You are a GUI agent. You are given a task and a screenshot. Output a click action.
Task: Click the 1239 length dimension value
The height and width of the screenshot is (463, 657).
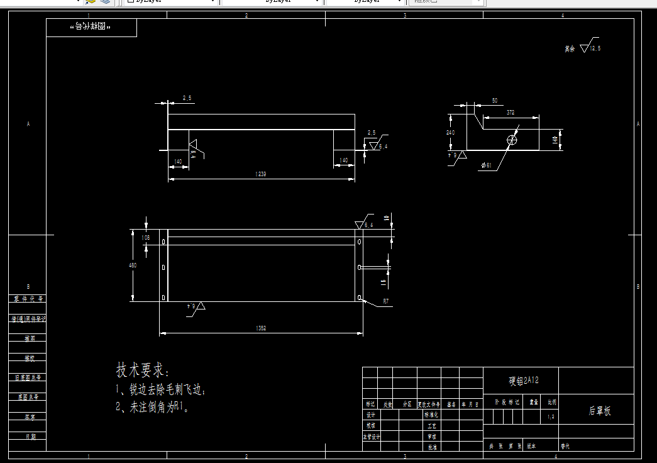click(x=260, y=174)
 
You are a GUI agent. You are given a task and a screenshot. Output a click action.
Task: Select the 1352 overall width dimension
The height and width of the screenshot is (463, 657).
click(x=260, y=328)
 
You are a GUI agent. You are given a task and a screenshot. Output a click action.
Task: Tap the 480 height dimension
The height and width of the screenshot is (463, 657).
click(x=133, y=265)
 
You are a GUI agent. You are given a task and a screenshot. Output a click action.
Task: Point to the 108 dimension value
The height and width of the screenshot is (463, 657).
click(x=146, y=238)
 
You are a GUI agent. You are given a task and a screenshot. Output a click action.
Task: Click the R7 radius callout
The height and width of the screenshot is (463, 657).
click(x=386, y=302)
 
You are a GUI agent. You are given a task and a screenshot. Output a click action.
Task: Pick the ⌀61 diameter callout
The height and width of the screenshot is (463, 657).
click(x=486, y=165)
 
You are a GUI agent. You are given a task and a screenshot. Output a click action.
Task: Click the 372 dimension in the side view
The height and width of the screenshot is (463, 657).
click(x=510, y=113)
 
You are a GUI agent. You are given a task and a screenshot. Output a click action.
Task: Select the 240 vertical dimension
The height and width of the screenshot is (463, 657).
click(x=451, y=133)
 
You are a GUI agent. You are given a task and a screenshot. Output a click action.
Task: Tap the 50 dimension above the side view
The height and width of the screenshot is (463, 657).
click(x=494, y=101)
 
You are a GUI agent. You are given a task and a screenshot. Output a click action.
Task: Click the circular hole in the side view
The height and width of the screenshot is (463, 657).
click(x=512, y=140)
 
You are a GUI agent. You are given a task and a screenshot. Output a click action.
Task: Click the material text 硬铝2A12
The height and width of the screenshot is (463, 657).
click(x=524, y=381)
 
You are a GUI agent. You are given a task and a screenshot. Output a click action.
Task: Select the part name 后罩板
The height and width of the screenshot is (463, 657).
click(x=599, y=411)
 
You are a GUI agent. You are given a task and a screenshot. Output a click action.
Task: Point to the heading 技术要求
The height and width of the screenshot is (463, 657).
click(x=143, y=370)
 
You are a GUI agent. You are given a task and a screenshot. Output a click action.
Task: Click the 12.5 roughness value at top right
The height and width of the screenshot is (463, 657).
click(x=594, y=48)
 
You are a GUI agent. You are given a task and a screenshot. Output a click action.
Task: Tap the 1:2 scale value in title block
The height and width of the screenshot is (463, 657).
click(x=551, y=416)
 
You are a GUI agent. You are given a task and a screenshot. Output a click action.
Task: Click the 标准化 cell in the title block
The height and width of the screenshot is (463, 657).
click(x=431, y=415)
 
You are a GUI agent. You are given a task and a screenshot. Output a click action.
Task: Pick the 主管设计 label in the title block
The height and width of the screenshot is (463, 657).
click(x=372, y=437)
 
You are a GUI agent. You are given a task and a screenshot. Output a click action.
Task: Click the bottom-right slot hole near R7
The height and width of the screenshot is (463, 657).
click(x=359, y=297)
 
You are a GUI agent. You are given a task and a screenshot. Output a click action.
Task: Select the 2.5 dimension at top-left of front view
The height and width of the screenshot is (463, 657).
click(x=187, y=98)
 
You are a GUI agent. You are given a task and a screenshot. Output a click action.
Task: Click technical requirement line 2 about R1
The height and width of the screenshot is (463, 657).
click(x=153, y=407)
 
